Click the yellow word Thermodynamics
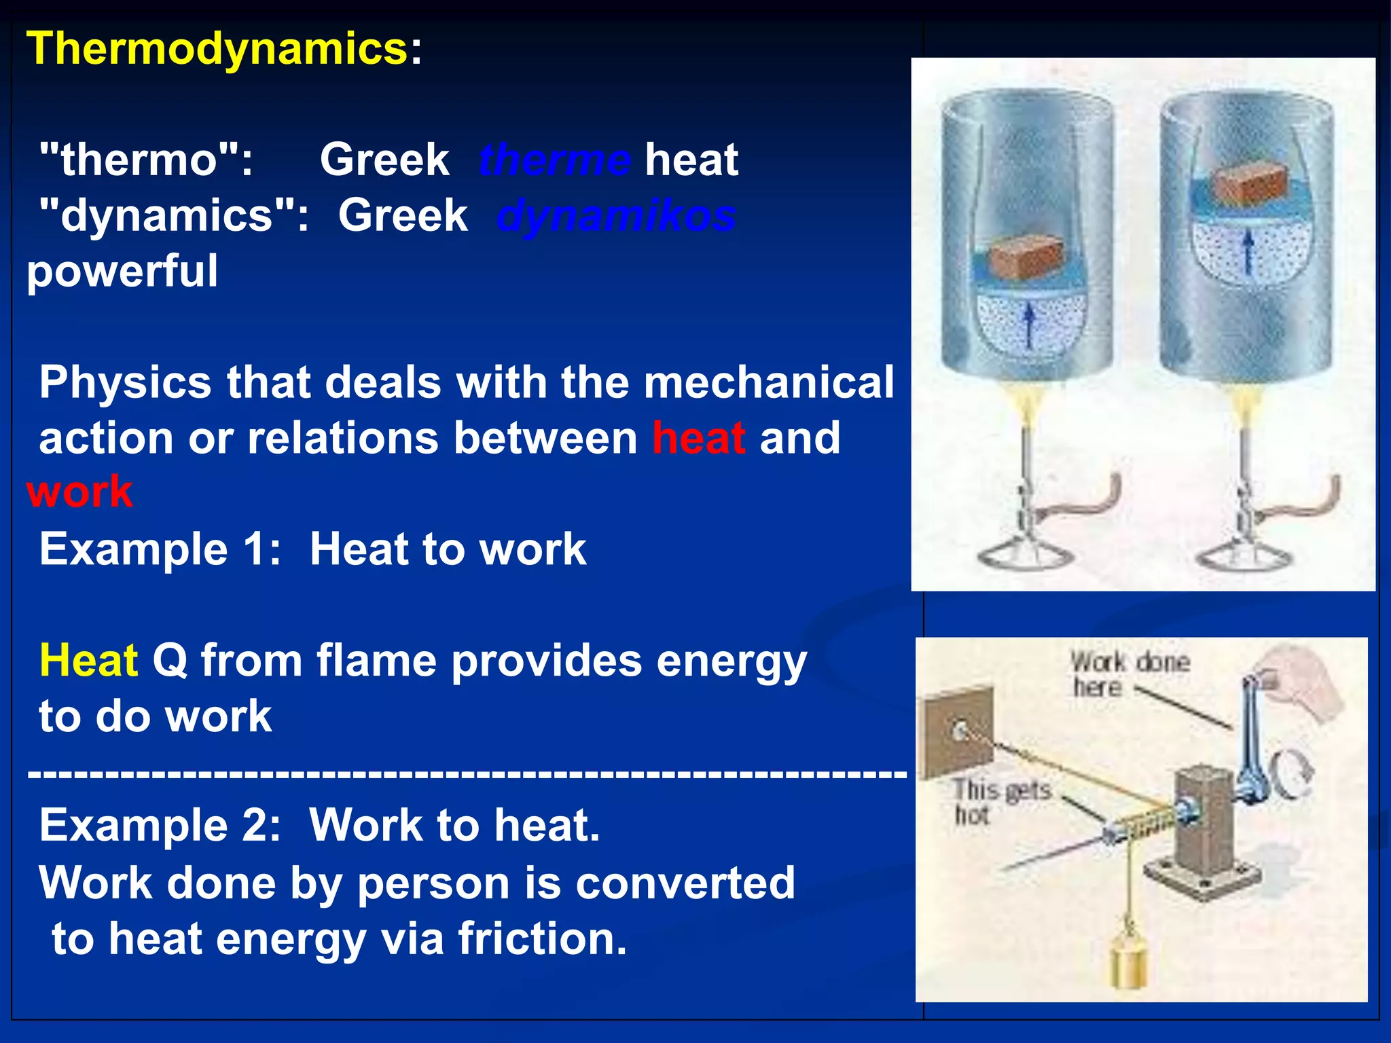pos(216,49)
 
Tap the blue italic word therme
pos(554,160)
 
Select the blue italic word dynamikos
pos(616,216)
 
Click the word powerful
pos(122,271)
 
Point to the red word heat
pos(698,438)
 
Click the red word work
pos(79,492)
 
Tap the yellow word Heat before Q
pos(88,660)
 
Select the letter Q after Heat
pos(170,660)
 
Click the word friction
pos(541,938)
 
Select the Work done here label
pos(1129,674)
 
